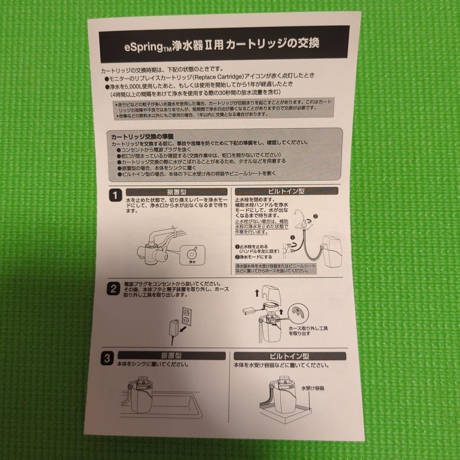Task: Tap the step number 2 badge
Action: [x=113, y=289]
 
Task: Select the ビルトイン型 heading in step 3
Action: [x=289, y=356]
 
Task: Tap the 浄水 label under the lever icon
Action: [x=192, y=262]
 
